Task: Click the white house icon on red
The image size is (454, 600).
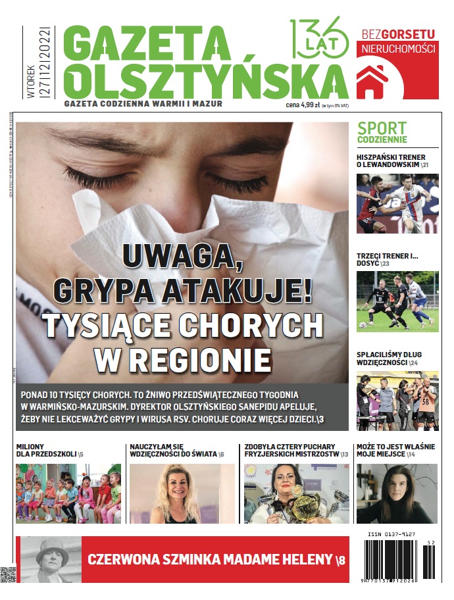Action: (x=372, y=82)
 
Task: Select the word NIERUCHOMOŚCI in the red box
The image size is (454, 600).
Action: (x=398, y=50)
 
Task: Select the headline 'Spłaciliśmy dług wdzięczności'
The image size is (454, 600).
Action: (x=389, y=359)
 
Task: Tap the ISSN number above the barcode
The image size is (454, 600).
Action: (x=393, y=534)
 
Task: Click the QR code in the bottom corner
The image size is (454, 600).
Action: (x=8, y=574)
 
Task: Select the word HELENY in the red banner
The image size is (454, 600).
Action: (x=297, y=560)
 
